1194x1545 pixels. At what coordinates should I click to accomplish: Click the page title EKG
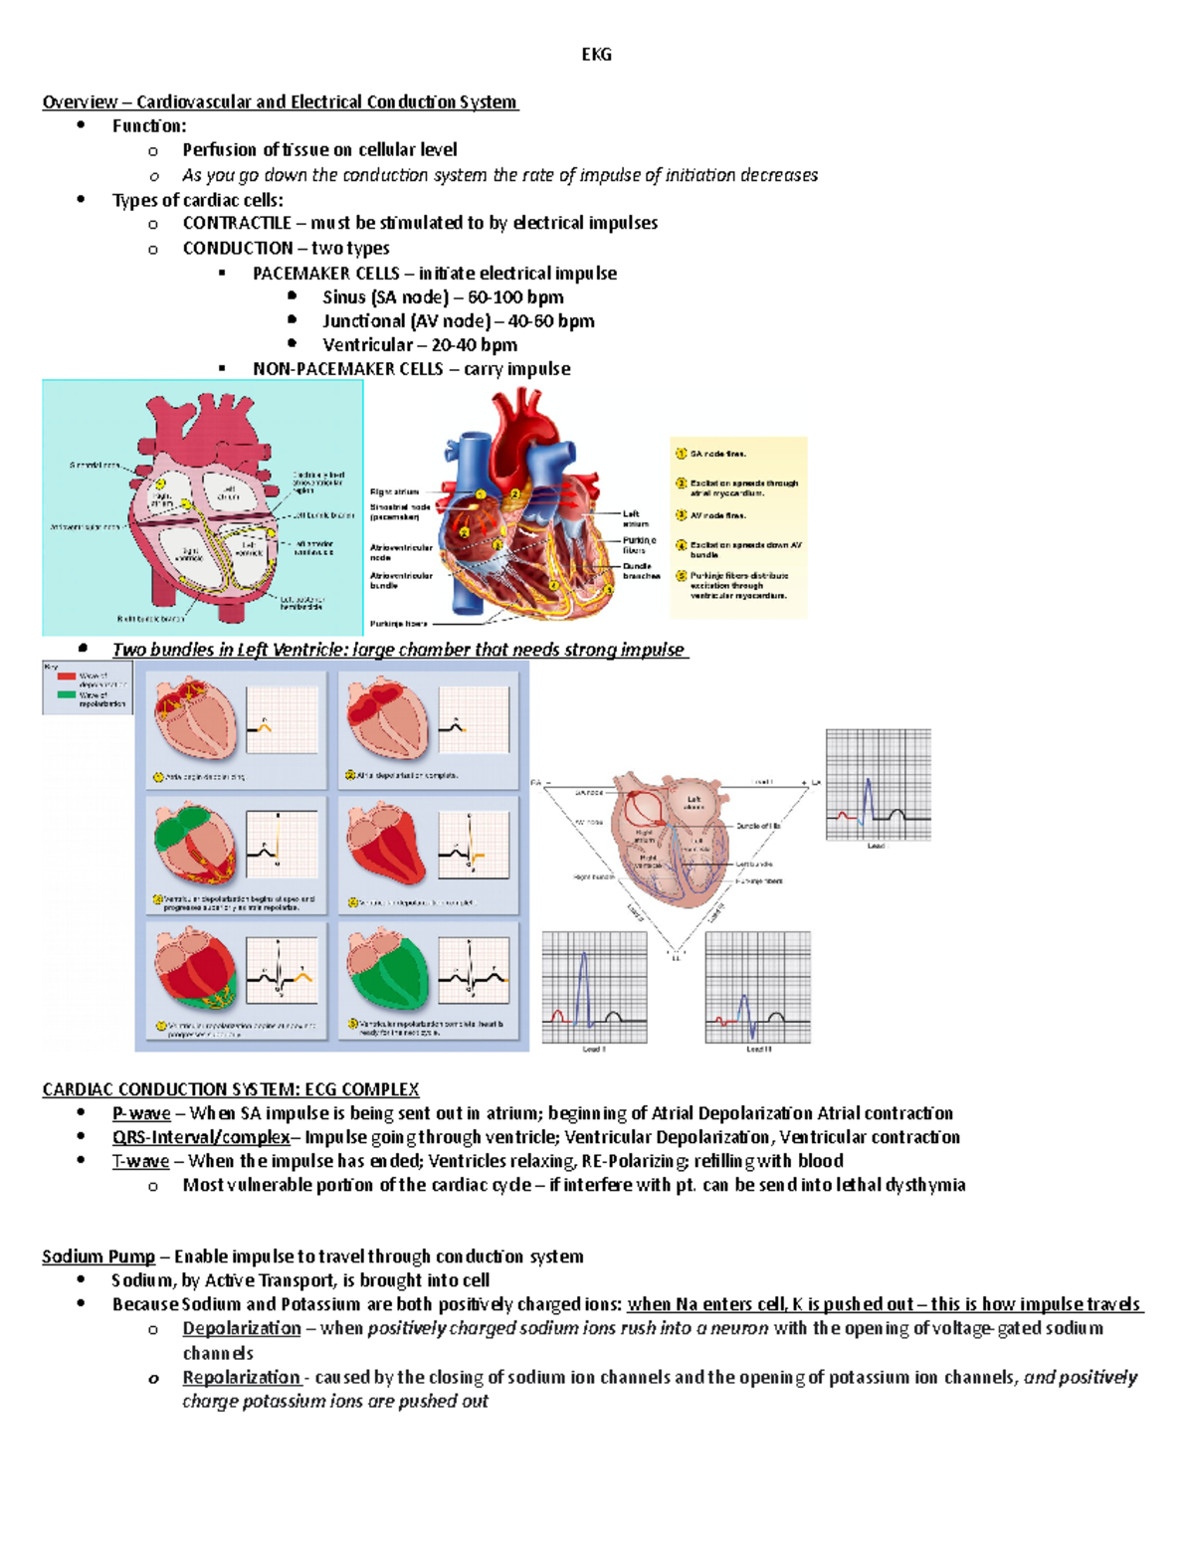coord(596,55)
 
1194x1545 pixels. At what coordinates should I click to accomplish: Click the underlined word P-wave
coord(140,1113)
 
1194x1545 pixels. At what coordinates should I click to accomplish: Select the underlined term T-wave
coord(140,1161)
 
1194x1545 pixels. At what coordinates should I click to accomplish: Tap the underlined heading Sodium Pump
coord(99,1256)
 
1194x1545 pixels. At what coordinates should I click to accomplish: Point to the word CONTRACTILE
coord(237,223)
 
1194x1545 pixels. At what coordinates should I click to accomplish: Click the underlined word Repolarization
coord(241,1377)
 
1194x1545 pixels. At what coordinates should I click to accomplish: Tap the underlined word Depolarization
coord(241,1328)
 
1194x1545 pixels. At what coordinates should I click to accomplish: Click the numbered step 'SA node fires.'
coord(717,454)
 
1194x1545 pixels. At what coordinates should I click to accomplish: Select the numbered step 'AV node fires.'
coord(717,515)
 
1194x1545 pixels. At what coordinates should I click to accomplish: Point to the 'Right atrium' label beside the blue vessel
coord(394,491)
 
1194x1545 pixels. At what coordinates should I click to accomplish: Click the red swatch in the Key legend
coord(66,676)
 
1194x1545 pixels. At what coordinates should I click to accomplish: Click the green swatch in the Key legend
coord(66,694)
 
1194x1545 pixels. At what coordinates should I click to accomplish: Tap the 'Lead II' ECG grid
coord(594,987)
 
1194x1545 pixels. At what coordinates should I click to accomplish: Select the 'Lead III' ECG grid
coord(758,987)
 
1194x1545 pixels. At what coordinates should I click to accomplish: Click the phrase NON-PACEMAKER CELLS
coord(347,369)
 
